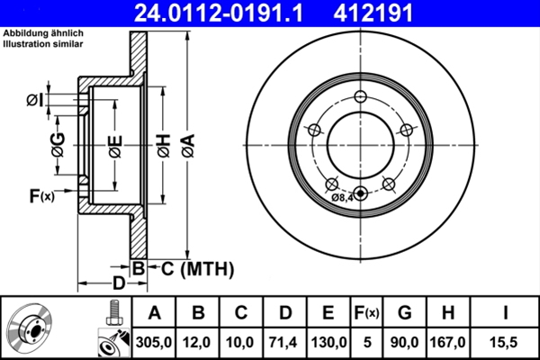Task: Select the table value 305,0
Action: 154,342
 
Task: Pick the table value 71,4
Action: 283,342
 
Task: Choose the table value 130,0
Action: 328,342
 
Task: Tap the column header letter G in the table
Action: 404,313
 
